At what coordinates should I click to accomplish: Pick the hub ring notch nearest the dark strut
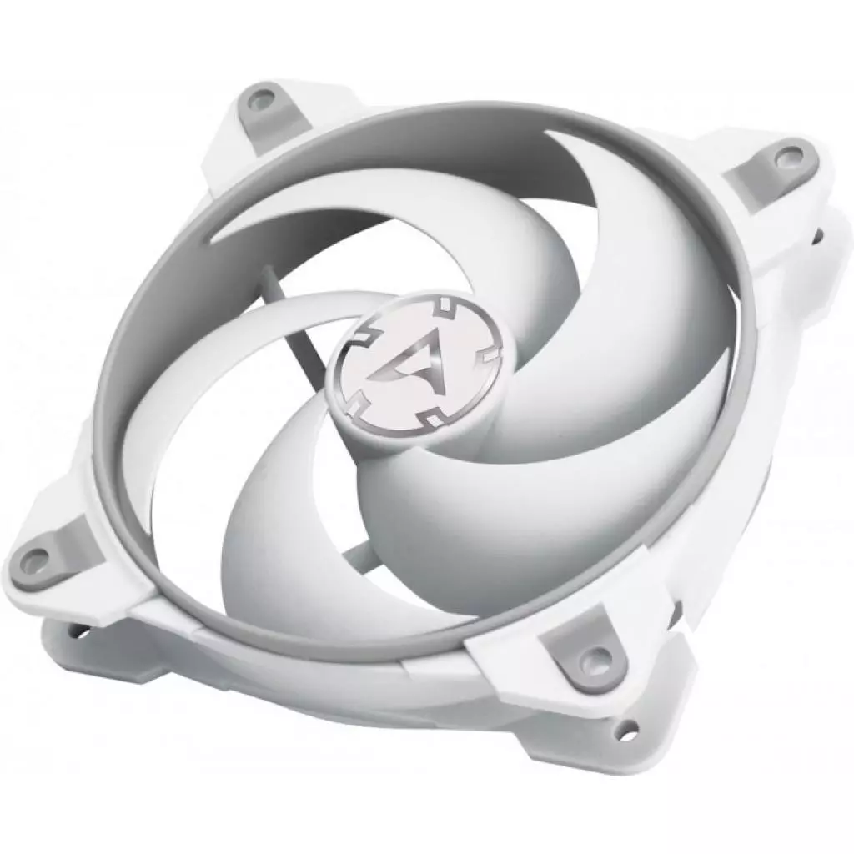click(x=349, y=342)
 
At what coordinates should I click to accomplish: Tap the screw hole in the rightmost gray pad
click(x=784, y=155)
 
